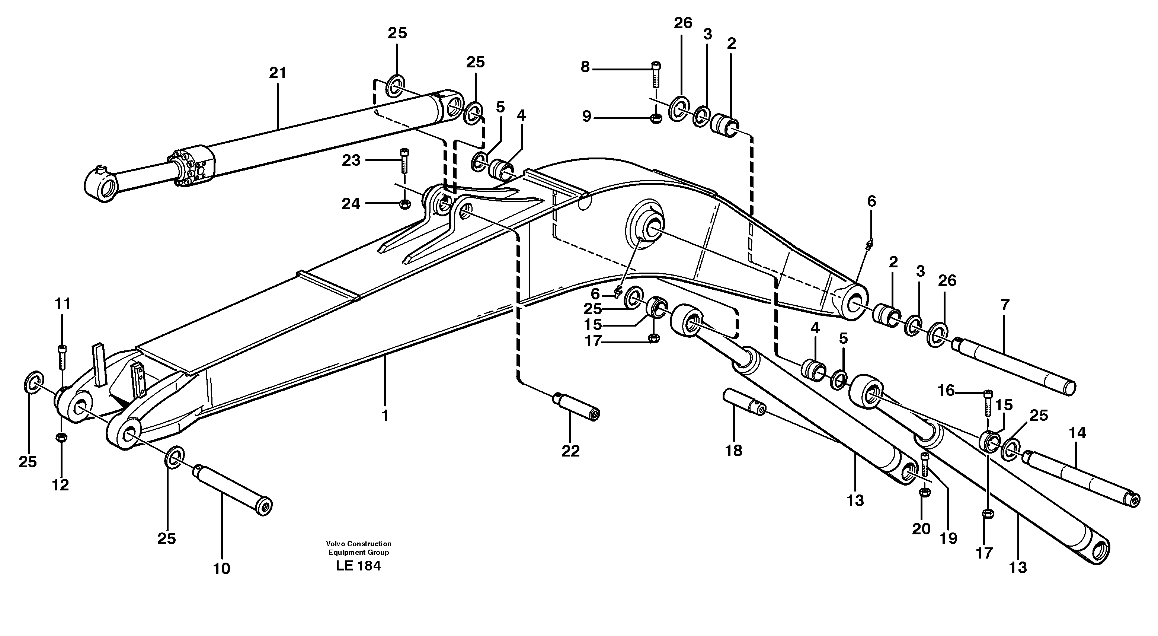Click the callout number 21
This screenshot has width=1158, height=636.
point(277,73)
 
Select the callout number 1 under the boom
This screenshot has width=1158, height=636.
point(385,415)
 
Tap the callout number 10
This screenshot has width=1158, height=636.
point(222,569)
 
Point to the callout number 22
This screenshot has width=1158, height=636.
point(570,451)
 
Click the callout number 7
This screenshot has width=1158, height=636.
point(1005,305)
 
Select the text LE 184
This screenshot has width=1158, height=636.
point(358,566)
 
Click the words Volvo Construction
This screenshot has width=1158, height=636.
point(358,544)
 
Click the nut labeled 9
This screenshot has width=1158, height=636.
point(656,119)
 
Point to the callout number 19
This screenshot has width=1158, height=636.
point(949,538)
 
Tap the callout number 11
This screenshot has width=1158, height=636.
point(63,304)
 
